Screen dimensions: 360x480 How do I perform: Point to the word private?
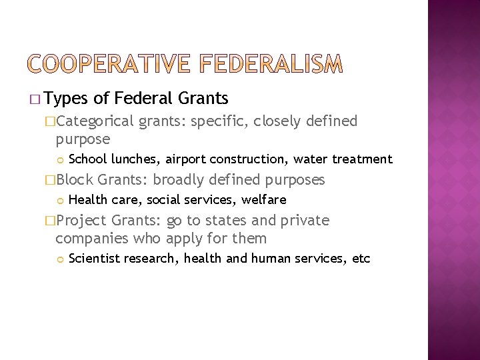click(305, 221)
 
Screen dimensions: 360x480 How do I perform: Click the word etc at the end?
click(361, 259)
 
